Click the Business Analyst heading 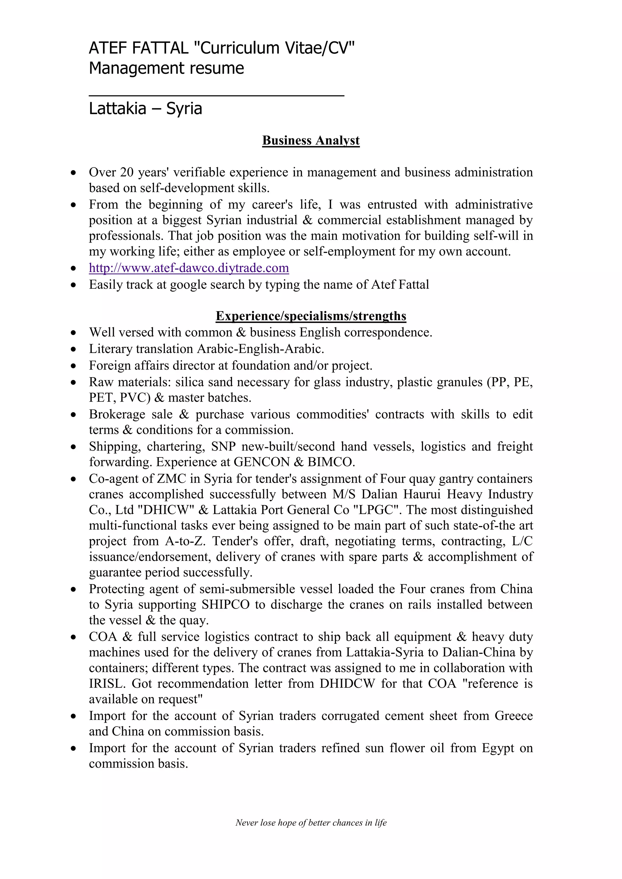point(311,141)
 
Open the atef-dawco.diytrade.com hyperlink point(189,268)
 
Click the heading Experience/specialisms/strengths point(311,316)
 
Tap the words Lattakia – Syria point(145,108)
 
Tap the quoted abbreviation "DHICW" point(167,510)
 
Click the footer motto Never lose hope point(311,822)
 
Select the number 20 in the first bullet point(126,172)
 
